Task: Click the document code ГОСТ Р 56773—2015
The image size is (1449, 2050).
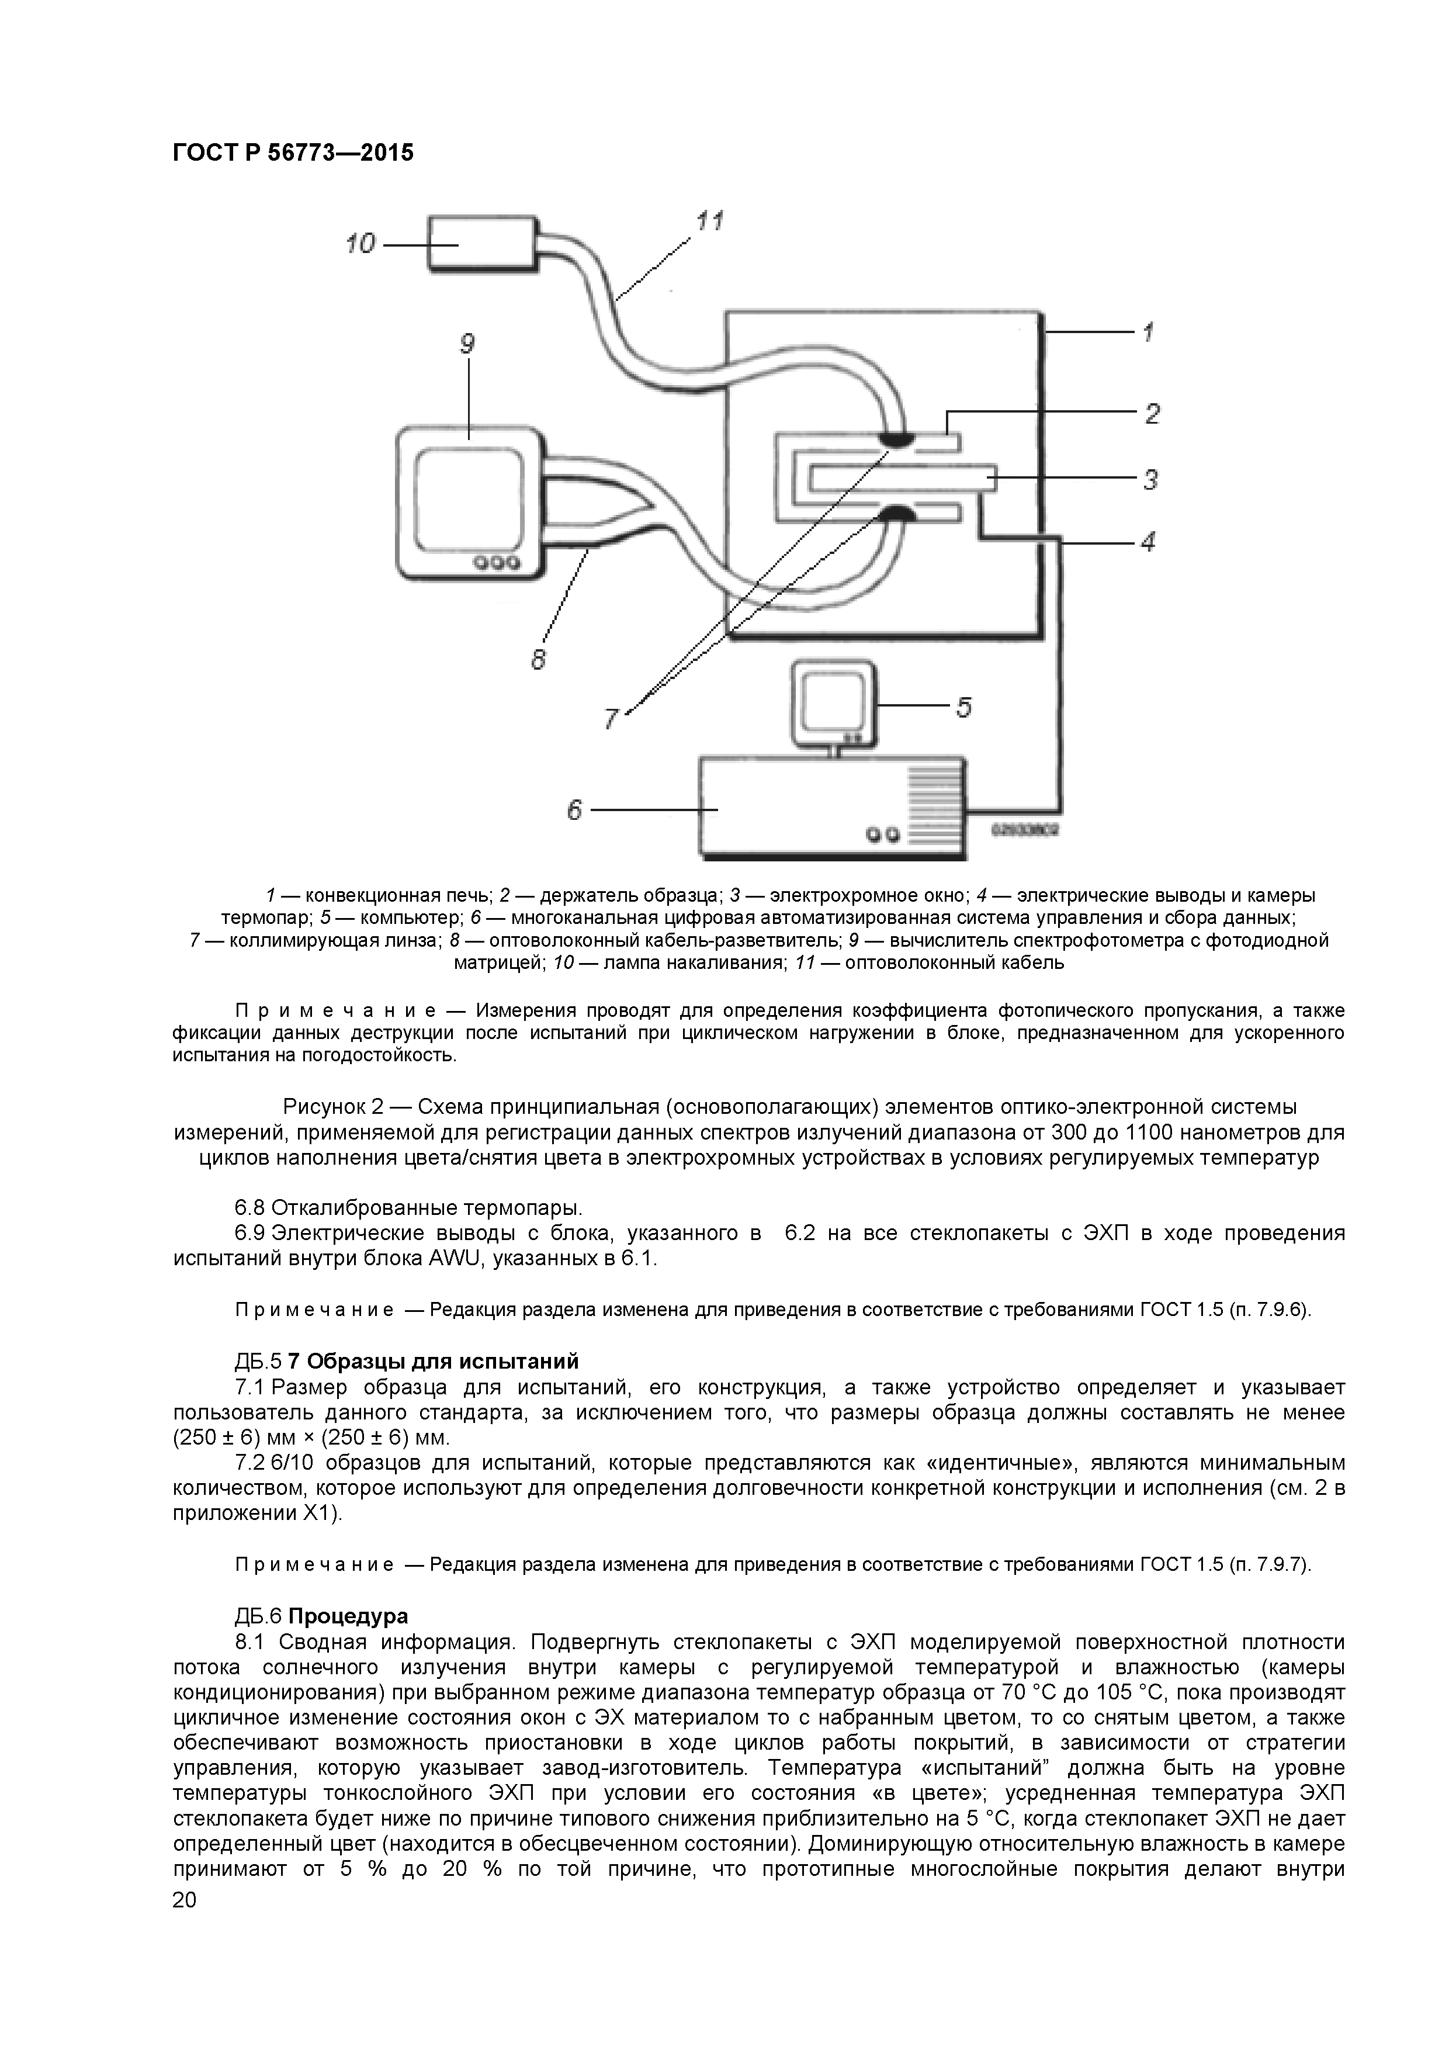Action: (x=293, y=153)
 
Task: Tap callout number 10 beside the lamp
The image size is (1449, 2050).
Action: (x=360, y=244)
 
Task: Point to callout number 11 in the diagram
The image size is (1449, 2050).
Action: (x=710, y=220)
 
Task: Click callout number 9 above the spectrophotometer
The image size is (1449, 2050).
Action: (x=467, y=344)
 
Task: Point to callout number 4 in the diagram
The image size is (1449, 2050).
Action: (x=1149, y=541)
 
